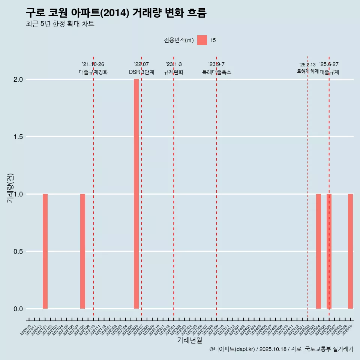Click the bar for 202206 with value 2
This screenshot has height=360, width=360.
click(136, 194)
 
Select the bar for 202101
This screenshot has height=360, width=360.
click(45, 251)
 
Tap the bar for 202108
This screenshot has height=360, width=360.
click(82, 251)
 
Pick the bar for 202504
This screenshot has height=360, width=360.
click(318, 251)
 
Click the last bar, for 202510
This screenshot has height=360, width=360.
click(350, 251)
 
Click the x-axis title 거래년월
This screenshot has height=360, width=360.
click(189, 340)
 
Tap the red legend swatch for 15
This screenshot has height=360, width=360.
click(202, 40)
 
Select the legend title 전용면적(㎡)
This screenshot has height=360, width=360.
click(179, 40)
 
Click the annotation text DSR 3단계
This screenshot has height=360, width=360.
click(141, 72)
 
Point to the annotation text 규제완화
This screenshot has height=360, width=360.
click(174, 72)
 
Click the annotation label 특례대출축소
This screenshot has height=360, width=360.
click(216, 72)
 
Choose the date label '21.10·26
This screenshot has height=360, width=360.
click(93, 64)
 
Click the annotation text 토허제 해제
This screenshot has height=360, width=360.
click(307, 71)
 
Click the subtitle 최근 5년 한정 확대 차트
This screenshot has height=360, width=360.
click(60, 24)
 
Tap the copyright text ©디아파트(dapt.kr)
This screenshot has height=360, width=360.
click(232, 349)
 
